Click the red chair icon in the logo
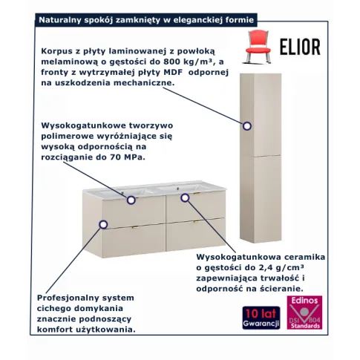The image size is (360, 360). pyautogui.click(x=258, y=46)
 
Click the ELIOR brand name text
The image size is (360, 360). pyautogui.click(x=300, y=47)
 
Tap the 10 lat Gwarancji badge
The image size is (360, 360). pyautogui.click(x=261, y=318)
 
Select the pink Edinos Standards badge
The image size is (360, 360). pyautogui.click(x=304, y=312)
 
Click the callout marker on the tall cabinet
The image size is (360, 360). pyautogui.click(x=246, y=126)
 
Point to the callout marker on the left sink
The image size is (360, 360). pyautogui.click(x=131, y=200)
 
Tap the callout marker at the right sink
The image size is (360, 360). pyautogui.click(x=185, y=197)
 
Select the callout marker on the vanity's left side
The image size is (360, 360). pyautogui.click(x=103, y=224)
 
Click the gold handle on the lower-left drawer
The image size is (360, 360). pyautogui.click(x=135, y=226)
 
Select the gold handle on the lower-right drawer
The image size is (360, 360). pyautogui.click(x=197, y=221)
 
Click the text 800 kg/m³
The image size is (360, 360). pyautogui.click(x=189, y=62)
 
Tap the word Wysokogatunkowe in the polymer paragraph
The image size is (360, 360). pyautogui.click(x=83, y=126)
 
